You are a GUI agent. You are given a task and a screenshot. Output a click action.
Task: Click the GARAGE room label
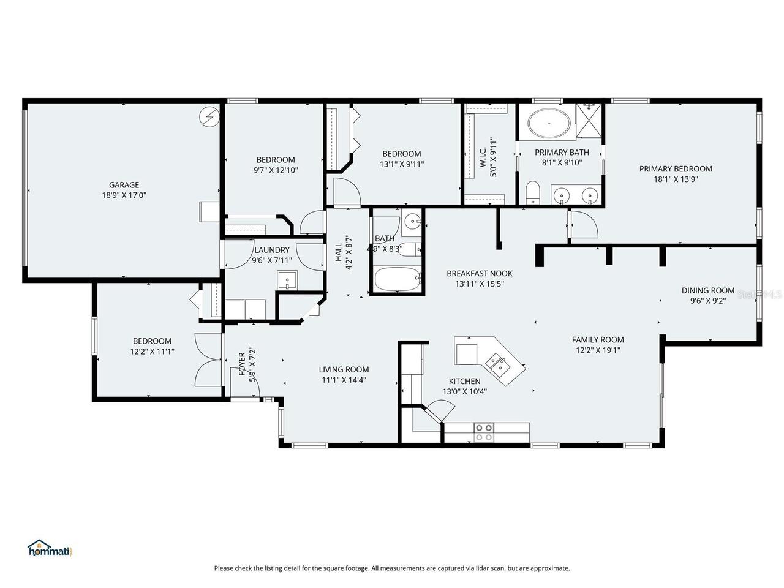[x=124, y=184]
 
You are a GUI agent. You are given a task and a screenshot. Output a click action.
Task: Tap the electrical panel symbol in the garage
[x=210, y=116]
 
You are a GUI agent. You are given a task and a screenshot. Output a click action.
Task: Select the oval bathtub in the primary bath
[x=549, y=123]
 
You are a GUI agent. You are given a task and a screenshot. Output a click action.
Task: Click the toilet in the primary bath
[x=532, y=191]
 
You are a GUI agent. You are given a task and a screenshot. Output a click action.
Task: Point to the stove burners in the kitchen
[x=484, y=432]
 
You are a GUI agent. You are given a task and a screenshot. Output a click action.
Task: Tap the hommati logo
[x=50, y=548]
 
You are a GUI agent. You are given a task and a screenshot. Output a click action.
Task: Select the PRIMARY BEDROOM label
[x=676, y=169]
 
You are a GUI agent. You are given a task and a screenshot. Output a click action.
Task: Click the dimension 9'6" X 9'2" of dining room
[x=708, y=301]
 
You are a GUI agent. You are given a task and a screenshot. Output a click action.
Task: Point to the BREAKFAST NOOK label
[x=479, y=274]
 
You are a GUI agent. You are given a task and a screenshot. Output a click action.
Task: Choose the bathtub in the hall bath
[x=398, y=280]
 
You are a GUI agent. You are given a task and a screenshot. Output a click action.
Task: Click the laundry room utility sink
[x=286, y=279]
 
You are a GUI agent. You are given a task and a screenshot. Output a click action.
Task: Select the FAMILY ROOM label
[x=598, y=340]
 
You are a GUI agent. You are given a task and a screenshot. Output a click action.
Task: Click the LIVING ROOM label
[x=344, y=369]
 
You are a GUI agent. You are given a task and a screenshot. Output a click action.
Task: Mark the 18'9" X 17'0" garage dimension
[x=124, y=195]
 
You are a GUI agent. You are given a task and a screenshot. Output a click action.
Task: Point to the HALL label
[x=339, y=252]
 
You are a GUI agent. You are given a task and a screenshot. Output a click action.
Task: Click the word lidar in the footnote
[x=485, y=568]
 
